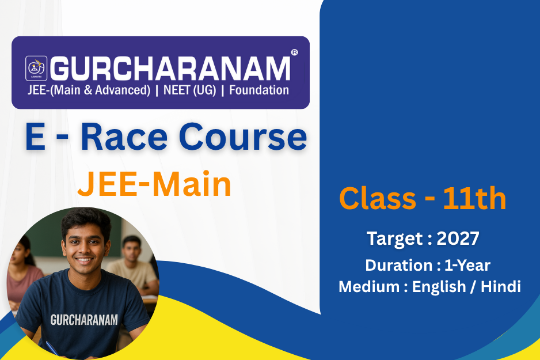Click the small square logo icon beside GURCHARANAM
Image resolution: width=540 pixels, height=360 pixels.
click(36, 68)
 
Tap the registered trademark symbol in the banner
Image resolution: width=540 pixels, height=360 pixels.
click(294, 52)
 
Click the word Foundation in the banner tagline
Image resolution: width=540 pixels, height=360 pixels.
click(259, 90)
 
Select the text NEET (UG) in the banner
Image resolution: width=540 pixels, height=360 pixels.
click(190, 90)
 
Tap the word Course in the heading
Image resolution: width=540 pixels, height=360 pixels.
click(243, 137)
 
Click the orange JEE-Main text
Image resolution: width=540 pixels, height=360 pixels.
click(154, 184)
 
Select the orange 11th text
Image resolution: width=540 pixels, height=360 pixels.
click(474, 198)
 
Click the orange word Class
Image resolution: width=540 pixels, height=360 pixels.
click(378, 198)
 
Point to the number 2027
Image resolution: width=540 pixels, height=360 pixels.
click(458, 238)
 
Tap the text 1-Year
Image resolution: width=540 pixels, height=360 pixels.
click(467, 266)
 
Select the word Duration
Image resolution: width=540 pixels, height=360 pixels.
click(399, 266)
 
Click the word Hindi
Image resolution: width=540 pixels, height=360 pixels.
click(501, 287)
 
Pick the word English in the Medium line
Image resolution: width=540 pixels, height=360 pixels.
click(439, 287)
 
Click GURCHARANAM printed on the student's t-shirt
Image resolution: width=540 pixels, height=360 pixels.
click(84, 320)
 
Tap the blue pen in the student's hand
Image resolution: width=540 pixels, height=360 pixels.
click(52, 348)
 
